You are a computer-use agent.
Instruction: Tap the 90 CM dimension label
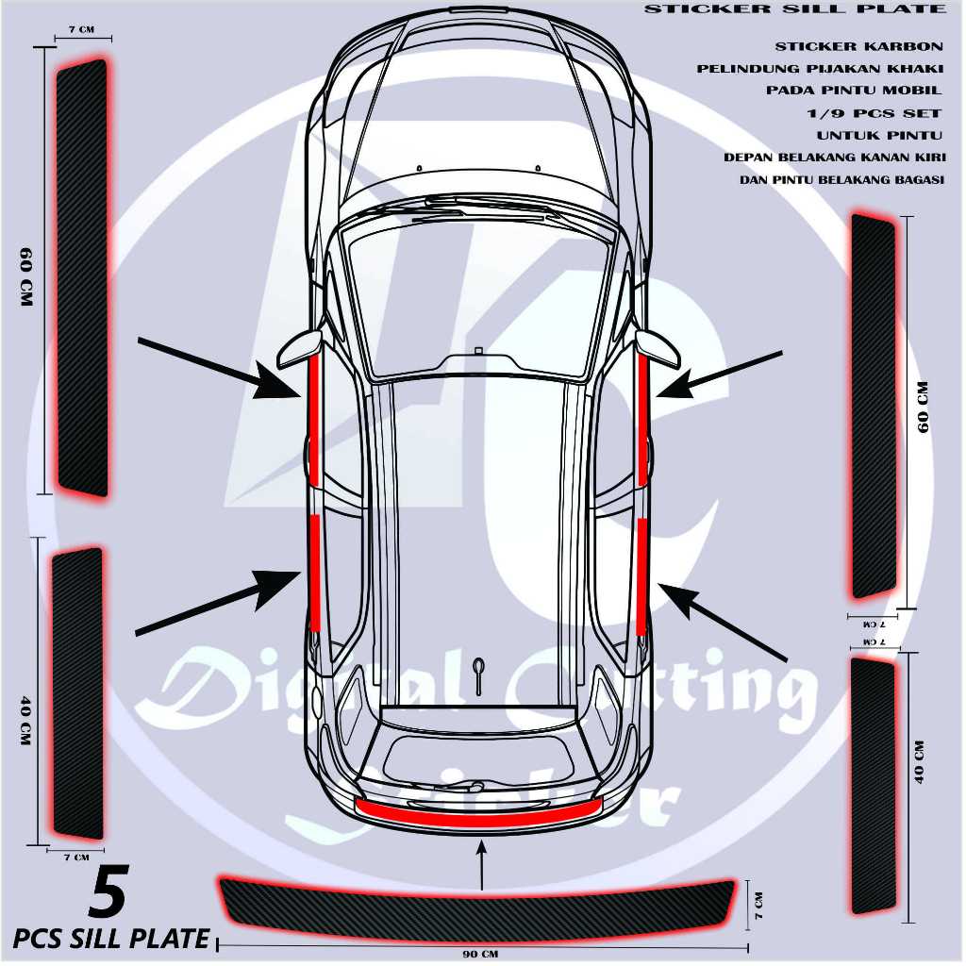click(x=480, y=954)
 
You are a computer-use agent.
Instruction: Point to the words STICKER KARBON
click(x=858, y=46)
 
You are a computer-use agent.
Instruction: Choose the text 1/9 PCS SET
click(x=869, y=112)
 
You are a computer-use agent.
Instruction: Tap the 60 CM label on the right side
click(x=924, y=407)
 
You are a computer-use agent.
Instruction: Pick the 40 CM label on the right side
click(x=920, y=762)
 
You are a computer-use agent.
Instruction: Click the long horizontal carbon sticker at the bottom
click(x=479, y=900)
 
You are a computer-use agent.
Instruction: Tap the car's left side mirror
click(x=297, y=350)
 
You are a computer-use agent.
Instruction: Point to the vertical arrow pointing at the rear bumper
click(x=482, y=866)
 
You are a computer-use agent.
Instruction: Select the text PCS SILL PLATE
click(x=111, y=938)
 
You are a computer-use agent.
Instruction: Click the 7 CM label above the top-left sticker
click(x=81, y=29)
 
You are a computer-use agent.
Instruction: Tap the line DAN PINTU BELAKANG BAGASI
click(x=842, y=179)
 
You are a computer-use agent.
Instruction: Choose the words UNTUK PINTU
click(x=879, y=135)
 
